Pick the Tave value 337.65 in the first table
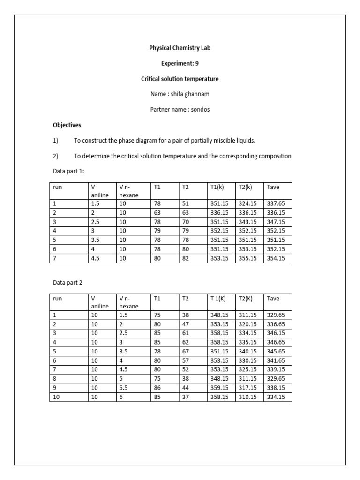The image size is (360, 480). pos(276,203)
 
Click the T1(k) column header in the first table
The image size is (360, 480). pos(219,187)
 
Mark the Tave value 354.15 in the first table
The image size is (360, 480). pos(276,258)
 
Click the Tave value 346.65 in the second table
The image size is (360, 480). pos(276,342)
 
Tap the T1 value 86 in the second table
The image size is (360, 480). pos(157,388)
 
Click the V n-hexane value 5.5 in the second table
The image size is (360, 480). pos(124,388)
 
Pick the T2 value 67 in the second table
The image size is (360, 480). pos(185,351)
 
